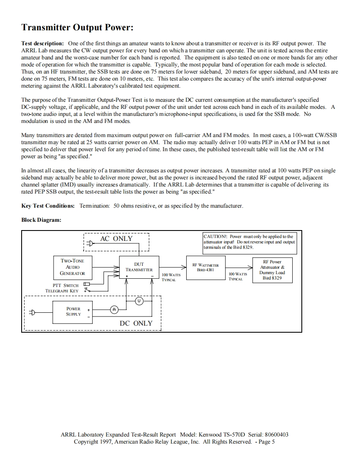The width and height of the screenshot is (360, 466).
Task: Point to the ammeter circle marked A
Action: pos(114,309)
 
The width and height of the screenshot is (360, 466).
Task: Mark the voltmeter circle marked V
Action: pos(139,300)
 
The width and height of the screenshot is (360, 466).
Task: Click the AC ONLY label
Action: pos(116,238)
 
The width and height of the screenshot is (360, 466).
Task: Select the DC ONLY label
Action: pos(136,323)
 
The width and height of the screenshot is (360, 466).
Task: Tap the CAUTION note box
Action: pos(249,242)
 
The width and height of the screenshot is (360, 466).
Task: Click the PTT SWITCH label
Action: pos(65,285)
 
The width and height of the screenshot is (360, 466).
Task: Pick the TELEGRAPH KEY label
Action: pos(62,291)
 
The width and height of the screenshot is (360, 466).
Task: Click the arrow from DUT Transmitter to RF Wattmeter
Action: pos(173,268)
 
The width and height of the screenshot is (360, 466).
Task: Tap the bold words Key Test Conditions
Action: pos(48,206)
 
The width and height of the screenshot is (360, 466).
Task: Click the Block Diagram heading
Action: pos(41,220)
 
